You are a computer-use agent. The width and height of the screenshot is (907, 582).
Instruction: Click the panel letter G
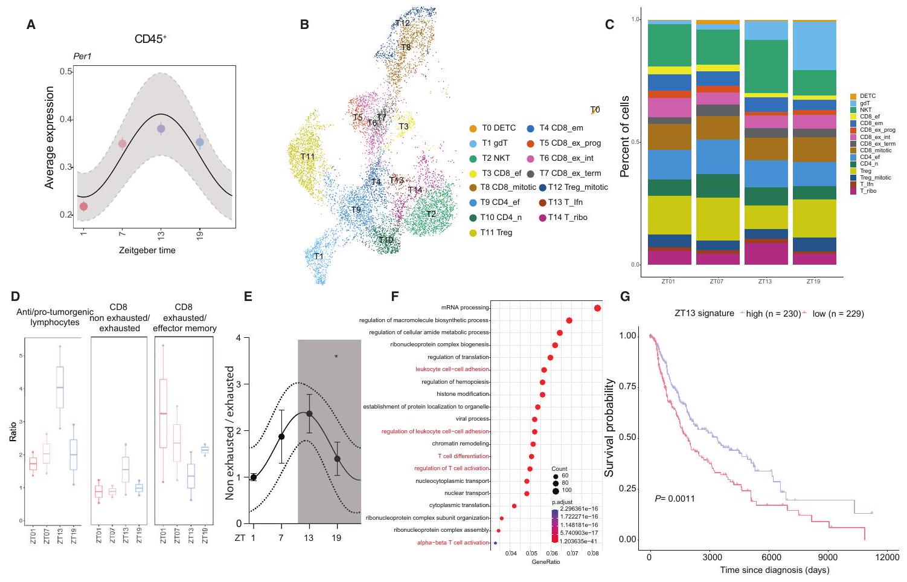click(625, 296)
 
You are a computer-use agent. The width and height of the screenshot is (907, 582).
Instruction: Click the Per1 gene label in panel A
click(82, 57)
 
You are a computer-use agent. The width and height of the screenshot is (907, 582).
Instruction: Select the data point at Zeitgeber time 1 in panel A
click(83, 207)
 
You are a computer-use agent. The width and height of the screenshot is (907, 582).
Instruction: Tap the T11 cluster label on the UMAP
click(307, 157)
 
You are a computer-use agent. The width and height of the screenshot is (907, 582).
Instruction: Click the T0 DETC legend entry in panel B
click(493, 128)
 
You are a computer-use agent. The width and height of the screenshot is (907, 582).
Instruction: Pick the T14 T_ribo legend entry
click(562, 218)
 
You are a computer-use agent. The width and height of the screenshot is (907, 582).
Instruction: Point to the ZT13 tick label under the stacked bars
click(765, 282)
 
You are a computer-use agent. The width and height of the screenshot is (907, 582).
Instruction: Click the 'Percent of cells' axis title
click(625, 137)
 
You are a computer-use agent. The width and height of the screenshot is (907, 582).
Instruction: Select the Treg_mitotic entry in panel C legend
click(875, 178)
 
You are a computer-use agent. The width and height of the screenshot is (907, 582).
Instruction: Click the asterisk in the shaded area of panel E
click(336, 357)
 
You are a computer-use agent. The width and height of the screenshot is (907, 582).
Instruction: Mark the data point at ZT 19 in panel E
click(338, 459)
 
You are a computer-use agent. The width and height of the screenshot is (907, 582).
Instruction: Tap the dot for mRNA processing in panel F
click(597, 308)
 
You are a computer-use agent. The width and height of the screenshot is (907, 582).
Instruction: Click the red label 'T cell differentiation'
click(463, 456)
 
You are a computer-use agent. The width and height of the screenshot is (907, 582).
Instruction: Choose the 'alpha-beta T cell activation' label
click(453, 543)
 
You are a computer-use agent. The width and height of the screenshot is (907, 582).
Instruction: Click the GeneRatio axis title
click(545, 562)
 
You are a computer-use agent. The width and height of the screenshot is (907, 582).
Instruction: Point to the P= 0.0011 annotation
click(675, 499)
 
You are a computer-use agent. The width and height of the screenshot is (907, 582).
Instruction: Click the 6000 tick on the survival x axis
click(771, 557)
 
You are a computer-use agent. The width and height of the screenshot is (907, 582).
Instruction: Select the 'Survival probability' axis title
click(609, 427)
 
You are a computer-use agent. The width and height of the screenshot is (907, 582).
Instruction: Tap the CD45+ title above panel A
click(150, 39)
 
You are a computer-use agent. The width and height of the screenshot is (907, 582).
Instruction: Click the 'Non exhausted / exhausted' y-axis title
click(229, 433)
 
